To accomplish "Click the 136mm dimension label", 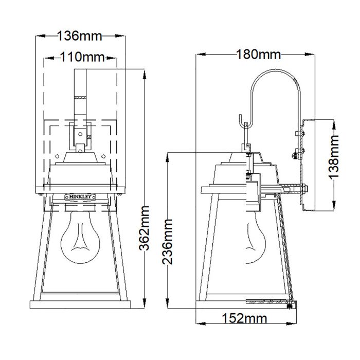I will (79, 36).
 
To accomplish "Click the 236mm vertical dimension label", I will (167, 241).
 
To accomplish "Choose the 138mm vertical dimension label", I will (335, 156).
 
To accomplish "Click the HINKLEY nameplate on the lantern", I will (79, 195).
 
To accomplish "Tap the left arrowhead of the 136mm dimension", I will (38, 36).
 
